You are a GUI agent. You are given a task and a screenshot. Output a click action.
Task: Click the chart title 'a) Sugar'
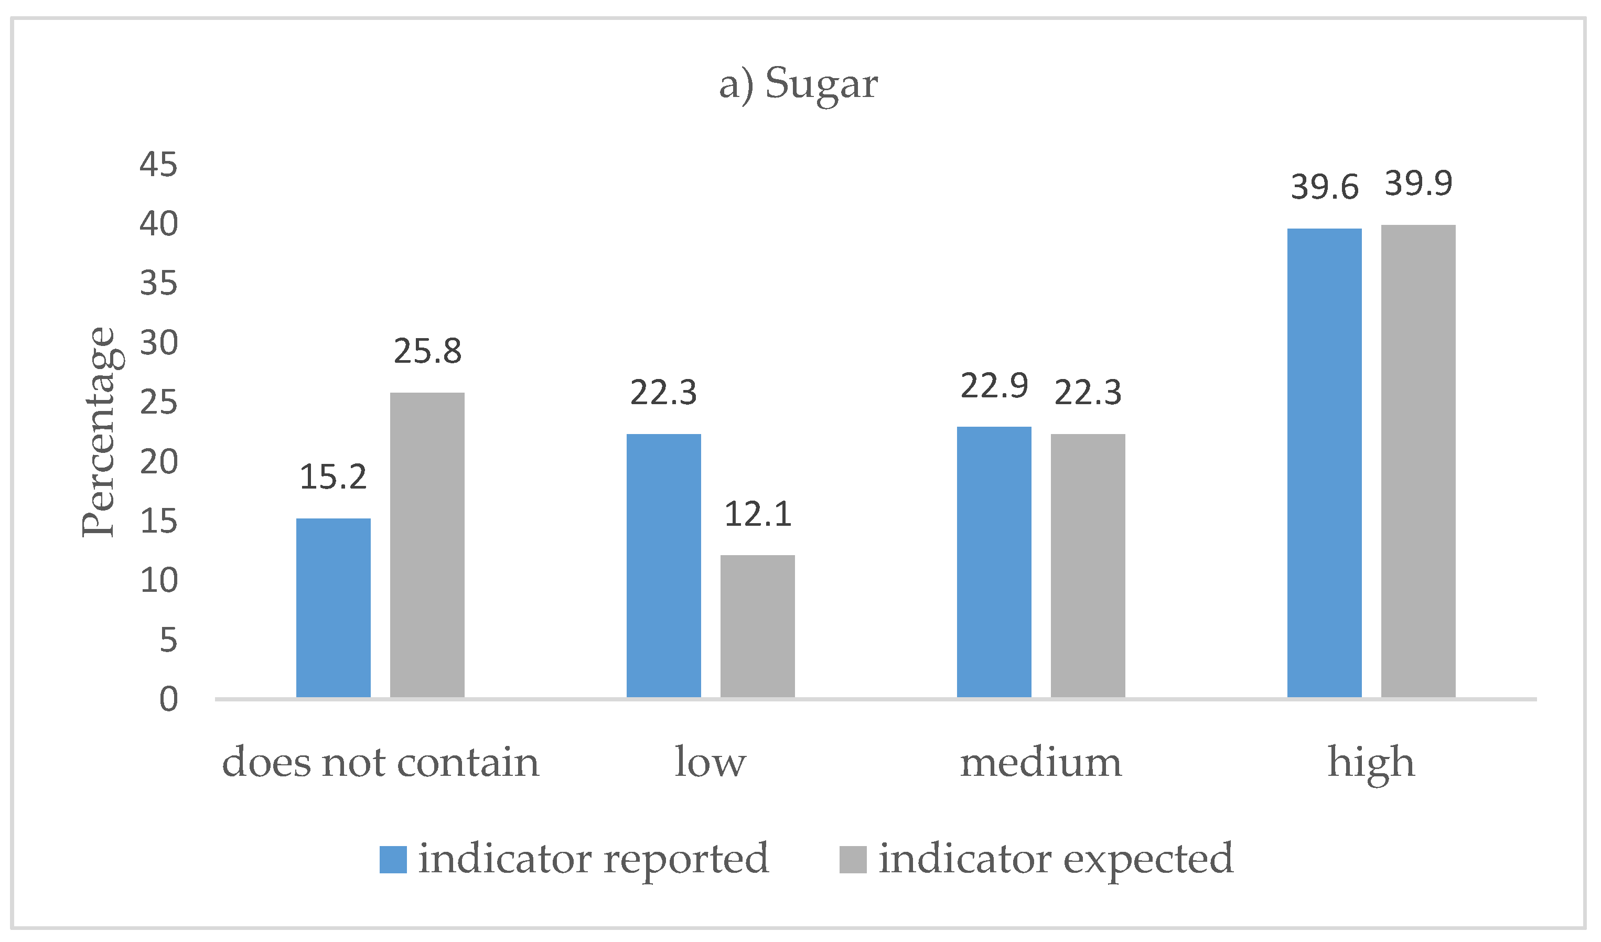coord(798,84)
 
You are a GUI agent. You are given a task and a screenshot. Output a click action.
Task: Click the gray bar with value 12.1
coord(758,626)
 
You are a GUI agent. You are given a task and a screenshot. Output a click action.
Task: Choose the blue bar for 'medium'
coord(994,562)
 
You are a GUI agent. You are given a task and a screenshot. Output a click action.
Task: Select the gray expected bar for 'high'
coord(1419,461)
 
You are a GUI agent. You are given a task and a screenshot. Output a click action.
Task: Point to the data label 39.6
coord(1325,187)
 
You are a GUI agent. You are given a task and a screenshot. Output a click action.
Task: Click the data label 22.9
coord(994,386)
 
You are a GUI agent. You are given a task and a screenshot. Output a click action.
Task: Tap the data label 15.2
coord(334,477)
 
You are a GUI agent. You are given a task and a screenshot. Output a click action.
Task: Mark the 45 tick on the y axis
coord(159,165)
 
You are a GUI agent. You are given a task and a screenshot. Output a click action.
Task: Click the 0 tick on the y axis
coord(168,699)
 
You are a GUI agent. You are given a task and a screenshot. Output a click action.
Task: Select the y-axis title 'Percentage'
coord(99,432)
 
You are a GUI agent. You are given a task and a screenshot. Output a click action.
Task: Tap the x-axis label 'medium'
coord(1040,762)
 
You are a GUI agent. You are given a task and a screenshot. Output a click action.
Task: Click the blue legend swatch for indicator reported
coord(393,859)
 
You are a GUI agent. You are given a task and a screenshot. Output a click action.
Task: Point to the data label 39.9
coord(1419,183)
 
